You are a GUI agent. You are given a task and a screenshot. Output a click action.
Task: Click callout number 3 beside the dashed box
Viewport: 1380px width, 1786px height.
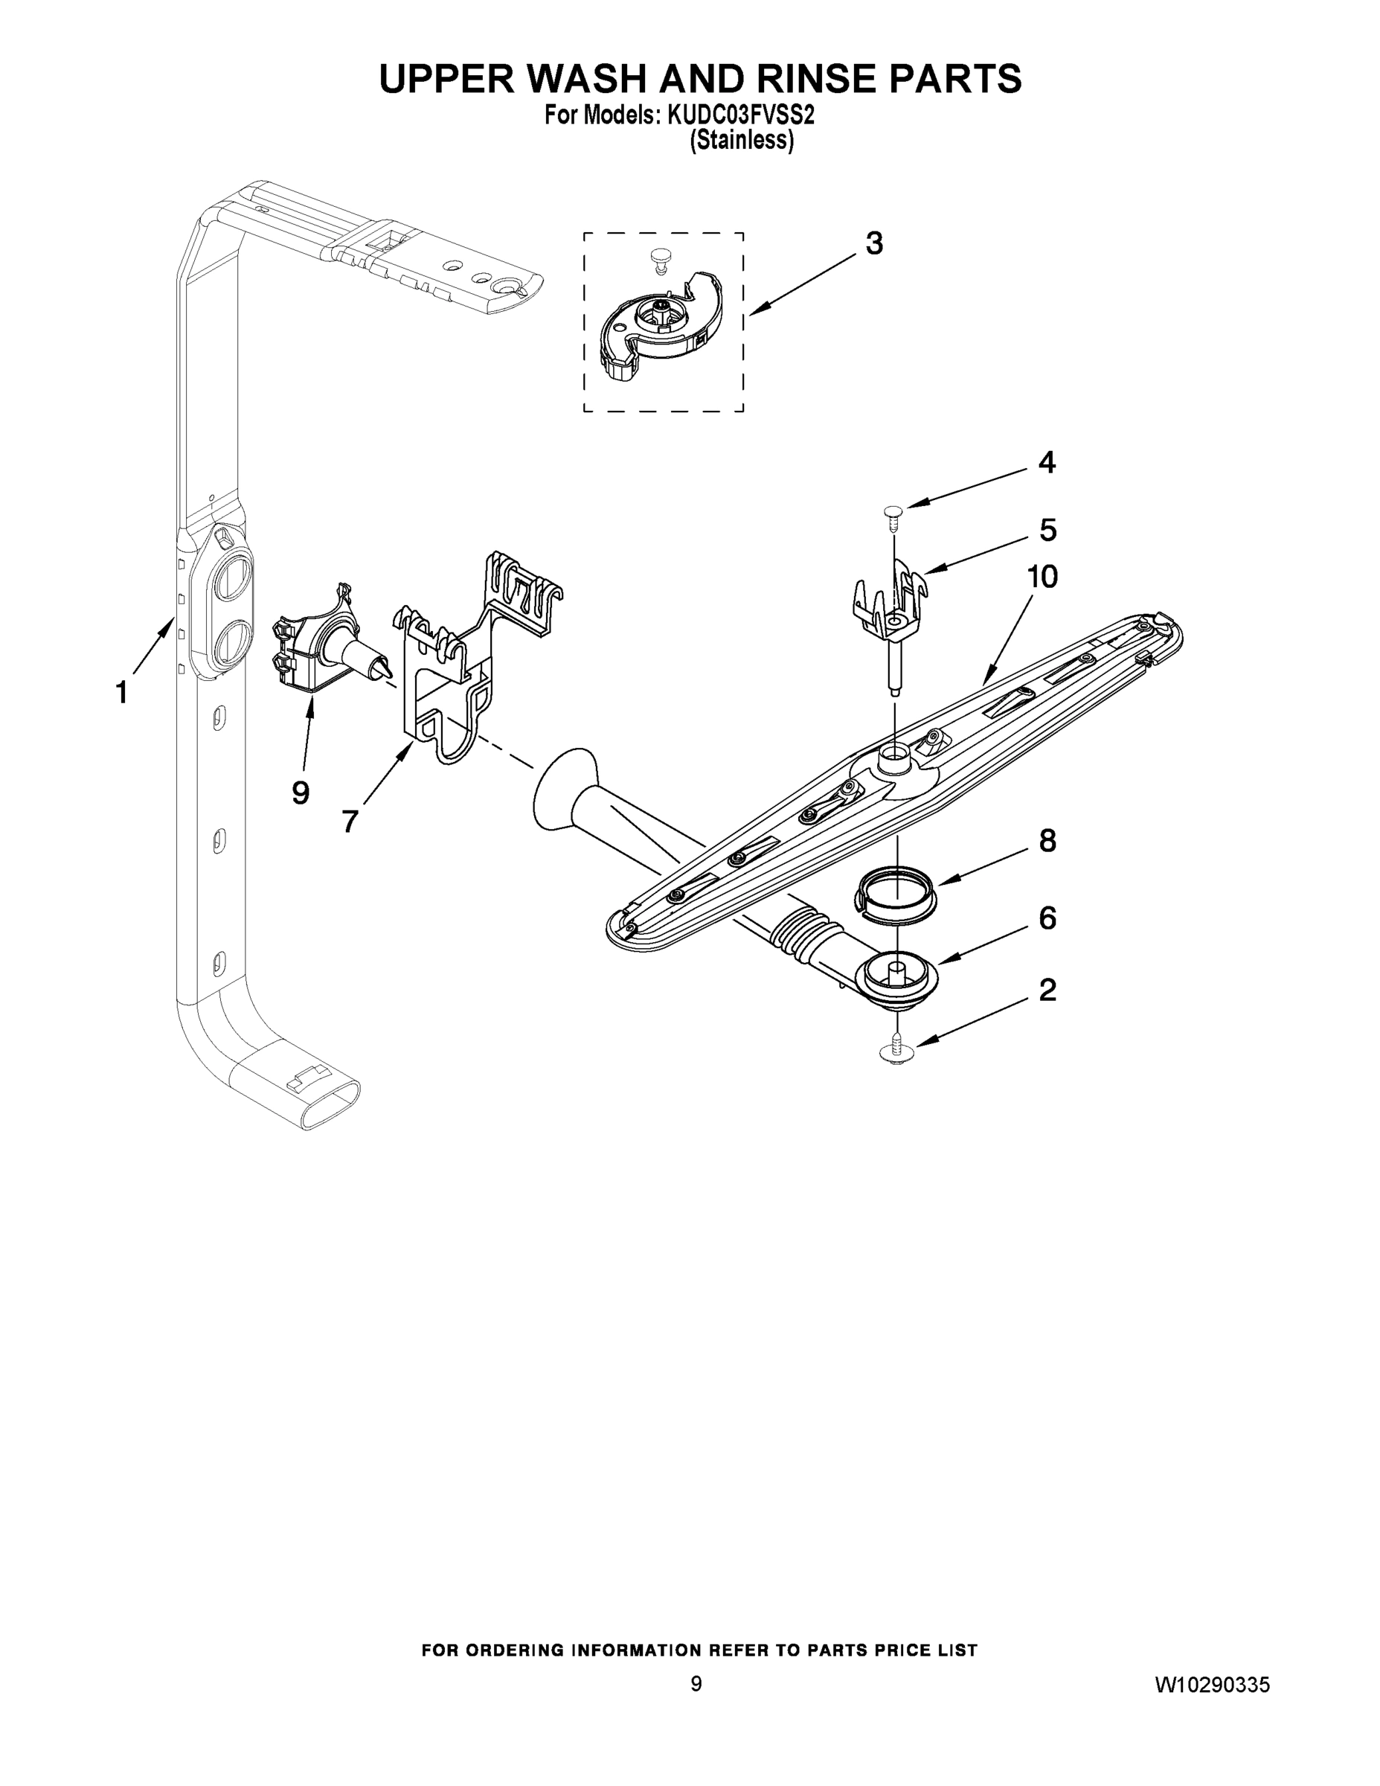[873, 243]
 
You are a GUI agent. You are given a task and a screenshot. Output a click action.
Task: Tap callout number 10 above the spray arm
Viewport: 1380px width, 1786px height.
[1042, 577]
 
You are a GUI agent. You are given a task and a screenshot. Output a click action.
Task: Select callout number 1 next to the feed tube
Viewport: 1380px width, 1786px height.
[121, 693]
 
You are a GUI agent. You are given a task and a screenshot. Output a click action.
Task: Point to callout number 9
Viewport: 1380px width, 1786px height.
[300, 792]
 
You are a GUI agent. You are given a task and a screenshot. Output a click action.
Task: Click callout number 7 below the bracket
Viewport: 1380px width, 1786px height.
[350, 821]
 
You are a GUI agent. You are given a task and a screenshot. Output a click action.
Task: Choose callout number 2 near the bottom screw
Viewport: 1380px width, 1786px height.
[1047, 990]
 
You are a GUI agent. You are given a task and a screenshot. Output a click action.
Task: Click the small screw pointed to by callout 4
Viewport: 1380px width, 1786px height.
[893, 513]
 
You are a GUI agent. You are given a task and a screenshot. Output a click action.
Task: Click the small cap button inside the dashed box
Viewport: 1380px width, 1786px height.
[659, 259]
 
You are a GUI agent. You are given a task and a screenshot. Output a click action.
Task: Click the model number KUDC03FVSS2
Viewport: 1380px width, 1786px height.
[741, 116]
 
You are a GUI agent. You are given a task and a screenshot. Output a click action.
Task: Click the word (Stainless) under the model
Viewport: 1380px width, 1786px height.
[741, 141]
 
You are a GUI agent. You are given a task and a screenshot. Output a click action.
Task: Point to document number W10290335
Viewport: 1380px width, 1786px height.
[1212, 1685]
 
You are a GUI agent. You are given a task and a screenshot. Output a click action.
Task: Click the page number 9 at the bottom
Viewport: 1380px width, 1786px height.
[696, 1683]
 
